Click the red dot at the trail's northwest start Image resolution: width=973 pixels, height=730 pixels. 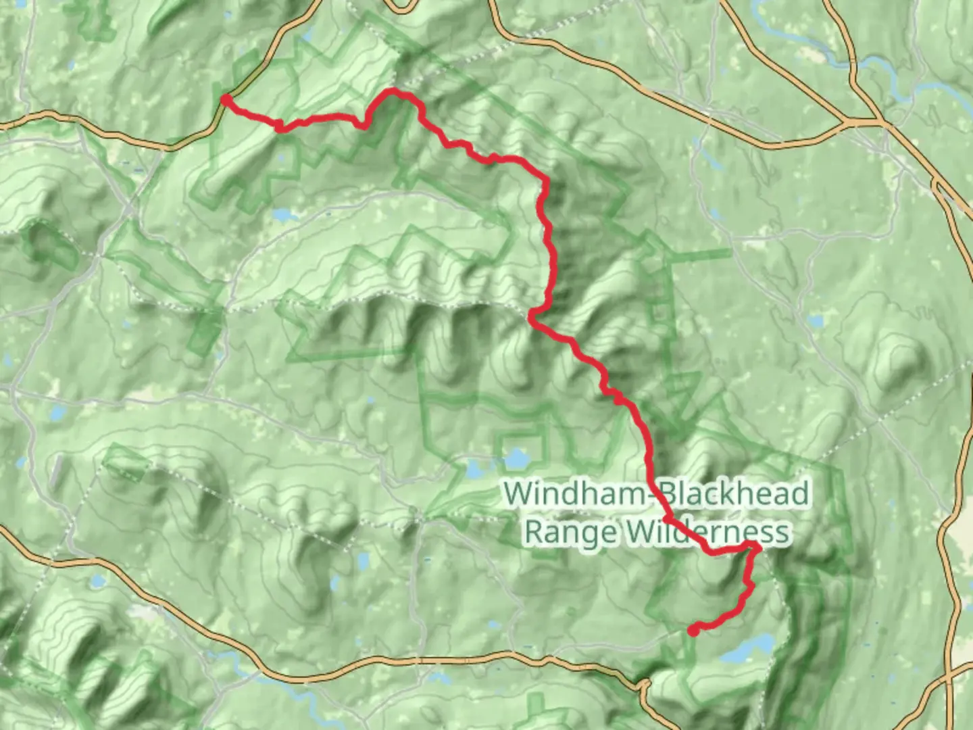[227, 100]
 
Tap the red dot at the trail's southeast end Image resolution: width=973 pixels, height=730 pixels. [693, 631]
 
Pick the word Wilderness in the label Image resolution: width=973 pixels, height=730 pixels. [706, 532]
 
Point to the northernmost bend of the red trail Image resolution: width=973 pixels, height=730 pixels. [392, 92]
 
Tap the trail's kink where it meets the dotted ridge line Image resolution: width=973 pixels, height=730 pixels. [532, 313]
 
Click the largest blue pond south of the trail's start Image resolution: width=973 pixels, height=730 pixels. [282, 216]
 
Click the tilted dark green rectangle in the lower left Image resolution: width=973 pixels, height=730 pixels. [126, 462]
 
